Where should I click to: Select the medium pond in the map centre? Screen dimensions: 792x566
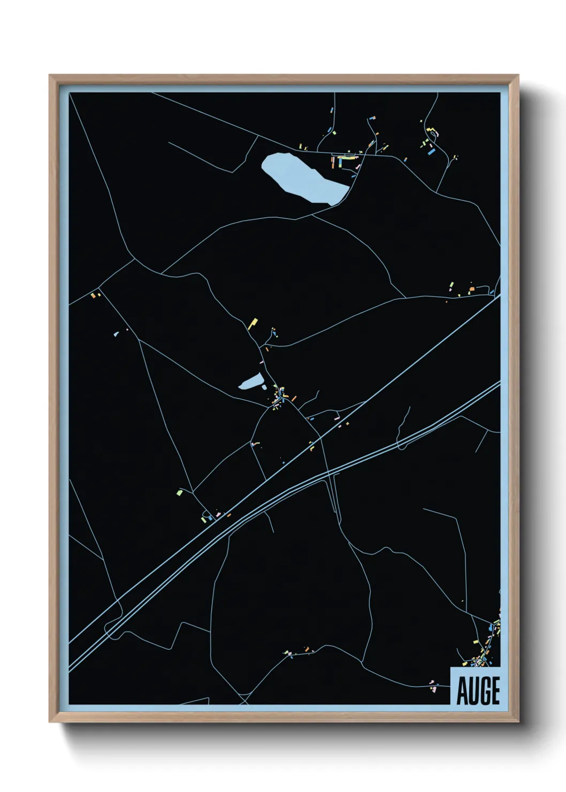click(x=251, y=382)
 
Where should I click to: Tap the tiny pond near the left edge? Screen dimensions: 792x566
click(x=116, y=334)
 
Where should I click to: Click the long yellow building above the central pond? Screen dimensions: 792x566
click(x=253, y=323)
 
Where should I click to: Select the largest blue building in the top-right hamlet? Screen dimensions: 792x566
click(x=431, y=152)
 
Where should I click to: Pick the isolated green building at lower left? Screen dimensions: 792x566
click(x=180, y=491)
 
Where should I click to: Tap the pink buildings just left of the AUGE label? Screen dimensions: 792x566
click(x=432, y=683)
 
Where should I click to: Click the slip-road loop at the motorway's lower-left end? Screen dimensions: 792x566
click(x=111, y=627)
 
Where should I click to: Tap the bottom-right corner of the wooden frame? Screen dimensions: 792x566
click(x=518, y=721)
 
